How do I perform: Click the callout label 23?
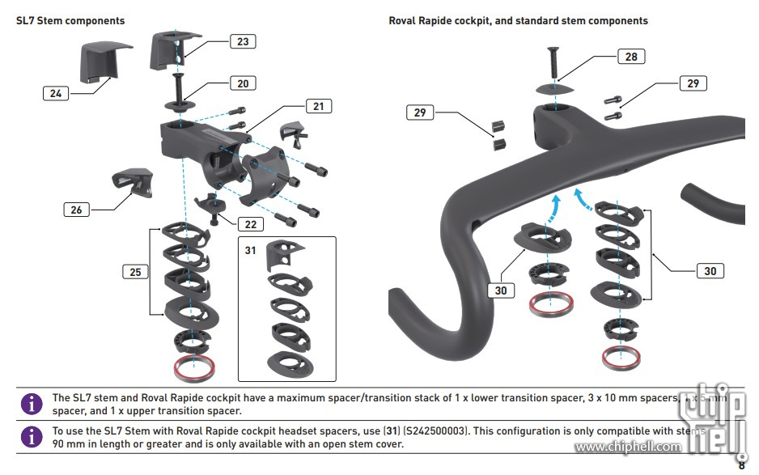(x=243, y=41)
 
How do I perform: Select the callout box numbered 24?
(x=55, y=93)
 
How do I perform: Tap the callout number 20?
(x=243, y=83)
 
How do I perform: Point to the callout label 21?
(x=318, y=106)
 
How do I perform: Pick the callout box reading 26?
(x=76, y=210)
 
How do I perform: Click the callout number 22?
(x=250, y=223)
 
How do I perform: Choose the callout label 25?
(x=135, y=272)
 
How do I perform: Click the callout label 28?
(x=631, y=56)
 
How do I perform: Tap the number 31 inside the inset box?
(x=251, y=250)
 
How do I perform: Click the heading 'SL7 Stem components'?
(x=70, y=20)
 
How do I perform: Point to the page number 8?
(x=741, y=464)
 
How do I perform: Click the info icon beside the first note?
(x=32, y=403)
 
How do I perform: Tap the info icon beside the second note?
(x=32, y=437)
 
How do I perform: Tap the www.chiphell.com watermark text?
(x=628, y=447)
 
